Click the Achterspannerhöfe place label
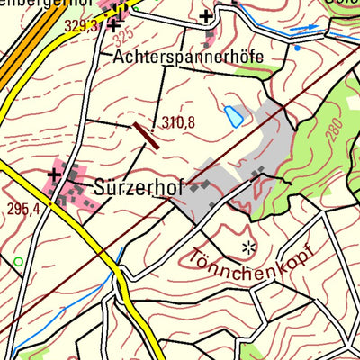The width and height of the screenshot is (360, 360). pos(189,57)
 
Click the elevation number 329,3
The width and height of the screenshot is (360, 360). pos(81,26)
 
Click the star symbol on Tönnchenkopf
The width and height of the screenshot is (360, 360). pos(248,246)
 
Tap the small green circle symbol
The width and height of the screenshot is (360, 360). pos(17,262)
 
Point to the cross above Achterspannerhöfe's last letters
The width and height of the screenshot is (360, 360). pos(207,15)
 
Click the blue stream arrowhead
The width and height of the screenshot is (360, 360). pos(315,28)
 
